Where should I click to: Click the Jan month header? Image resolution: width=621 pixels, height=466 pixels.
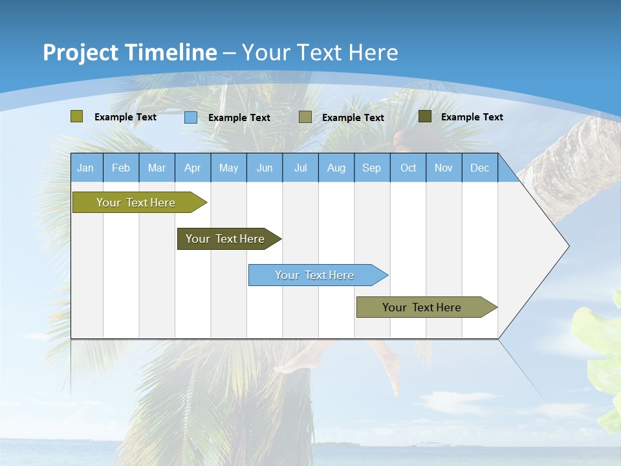point(86,168)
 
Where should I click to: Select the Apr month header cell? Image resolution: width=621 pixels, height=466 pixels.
point(193,168)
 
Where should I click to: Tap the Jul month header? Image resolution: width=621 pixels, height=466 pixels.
point(300,168)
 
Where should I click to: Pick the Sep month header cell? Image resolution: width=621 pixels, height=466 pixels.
point(371,168)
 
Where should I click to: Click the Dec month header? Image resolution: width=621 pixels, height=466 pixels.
point(479,168)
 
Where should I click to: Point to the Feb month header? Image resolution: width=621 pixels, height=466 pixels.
point(121,168)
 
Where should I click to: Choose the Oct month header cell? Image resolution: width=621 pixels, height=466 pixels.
point(408,168)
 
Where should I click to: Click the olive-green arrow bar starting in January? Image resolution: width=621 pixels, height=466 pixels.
point(136,203)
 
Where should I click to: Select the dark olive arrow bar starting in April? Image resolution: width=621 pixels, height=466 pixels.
point(225,239)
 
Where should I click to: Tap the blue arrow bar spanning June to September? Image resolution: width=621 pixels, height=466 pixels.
point(314,275)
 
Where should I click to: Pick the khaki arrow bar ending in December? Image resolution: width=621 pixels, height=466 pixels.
point(422,307)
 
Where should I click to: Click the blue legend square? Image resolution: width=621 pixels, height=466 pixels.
point(191,117)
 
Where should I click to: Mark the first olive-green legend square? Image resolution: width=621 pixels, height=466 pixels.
point(77,116)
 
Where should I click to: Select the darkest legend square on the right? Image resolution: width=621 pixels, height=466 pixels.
point(425,116)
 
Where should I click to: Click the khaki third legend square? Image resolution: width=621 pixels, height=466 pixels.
point(305,117)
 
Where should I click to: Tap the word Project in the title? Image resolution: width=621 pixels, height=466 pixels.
point(82,52)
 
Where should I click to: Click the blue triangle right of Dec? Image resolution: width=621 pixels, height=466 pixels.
point(507,172)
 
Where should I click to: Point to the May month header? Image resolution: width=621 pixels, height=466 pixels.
point(228,168)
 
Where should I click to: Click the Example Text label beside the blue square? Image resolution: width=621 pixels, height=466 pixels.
point(239,118)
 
